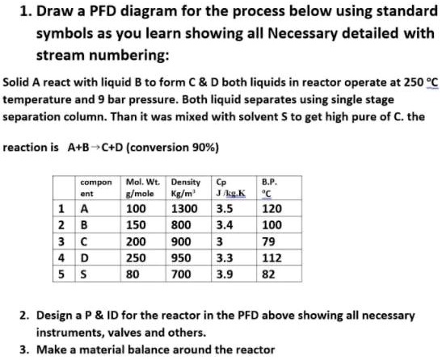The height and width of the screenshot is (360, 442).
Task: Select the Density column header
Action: tap(186, 188)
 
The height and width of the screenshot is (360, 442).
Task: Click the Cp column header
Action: tap(227, 188)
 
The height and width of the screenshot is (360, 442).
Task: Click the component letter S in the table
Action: tap(82, 274)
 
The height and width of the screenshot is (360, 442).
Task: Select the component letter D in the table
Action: tap(82, 257)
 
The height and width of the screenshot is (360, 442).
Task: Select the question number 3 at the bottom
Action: tap(24, 350)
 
